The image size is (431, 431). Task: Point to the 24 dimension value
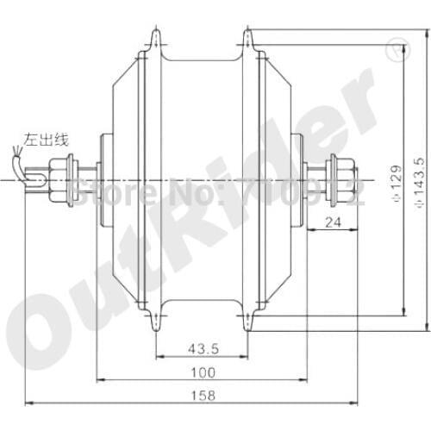[x=336, y=222]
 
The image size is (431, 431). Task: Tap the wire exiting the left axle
[x=36, y=172]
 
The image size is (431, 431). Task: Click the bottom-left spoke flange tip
[x=155, y=327]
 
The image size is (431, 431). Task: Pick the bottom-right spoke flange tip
[x=248, y=327]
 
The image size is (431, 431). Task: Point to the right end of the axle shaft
[x=356, y=179]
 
